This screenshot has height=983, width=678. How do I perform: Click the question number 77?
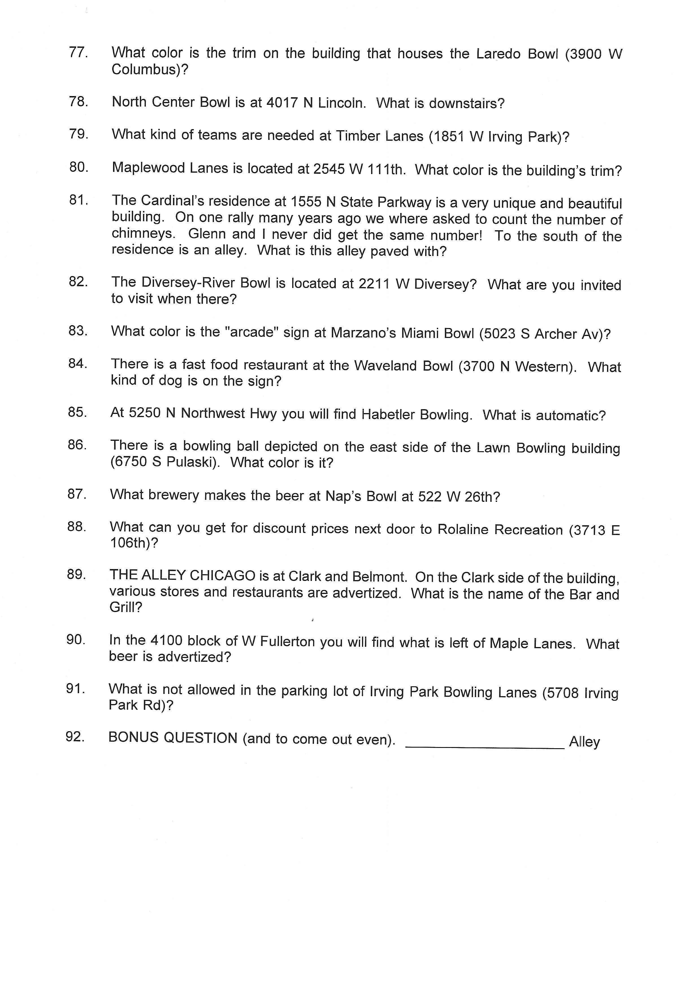(78, 53)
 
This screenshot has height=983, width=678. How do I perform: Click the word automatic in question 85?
(570, 416)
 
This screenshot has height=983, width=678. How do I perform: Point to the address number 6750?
(128, 462)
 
